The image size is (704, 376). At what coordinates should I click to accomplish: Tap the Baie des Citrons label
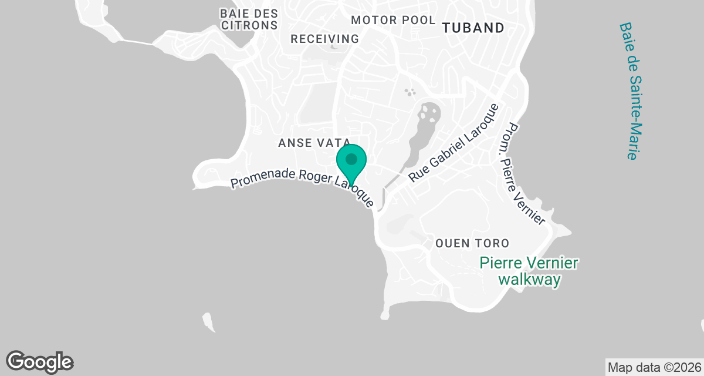click(x=249, y=19)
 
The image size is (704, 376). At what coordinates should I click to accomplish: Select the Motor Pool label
click(x=393, y=20)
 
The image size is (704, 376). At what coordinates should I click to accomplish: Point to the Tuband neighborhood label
click(x=473, y=28)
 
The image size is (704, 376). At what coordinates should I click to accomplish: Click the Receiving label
click(x=325, y=39)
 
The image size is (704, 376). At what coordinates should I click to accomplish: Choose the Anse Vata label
click(x=314, y=143)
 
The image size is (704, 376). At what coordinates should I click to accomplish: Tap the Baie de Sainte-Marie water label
click(x=628, y=91)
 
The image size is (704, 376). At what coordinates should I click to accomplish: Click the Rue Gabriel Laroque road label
click(x=453, y=143)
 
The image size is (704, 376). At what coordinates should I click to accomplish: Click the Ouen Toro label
click(x=472, y=243)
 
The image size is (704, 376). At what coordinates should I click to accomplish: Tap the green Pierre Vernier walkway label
click(x=529, y=271)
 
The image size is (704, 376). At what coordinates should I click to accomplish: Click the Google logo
click(x=40, y=361)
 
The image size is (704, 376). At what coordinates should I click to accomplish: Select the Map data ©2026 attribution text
click(x=654, y=368)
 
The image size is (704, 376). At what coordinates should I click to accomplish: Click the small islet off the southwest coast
click(x=208, y=322)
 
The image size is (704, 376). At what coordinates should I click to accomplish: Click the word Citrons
click(x=249, y=25)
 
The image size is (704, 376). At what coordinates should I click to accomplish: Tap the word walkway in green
click(x=529, y=280)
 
